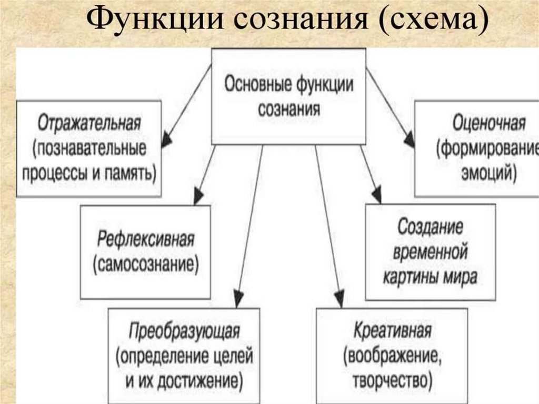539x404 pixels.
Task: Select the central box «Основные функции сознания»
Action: click(288, 96)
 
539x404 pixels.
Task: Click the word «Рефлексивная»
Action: click(146, 240)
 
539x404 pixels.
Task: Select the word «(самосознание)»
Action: click(146, 263)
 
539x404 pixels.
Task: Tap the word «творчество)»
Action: click(393, 379)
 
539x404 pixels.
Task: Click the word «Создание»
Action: click(430, 227)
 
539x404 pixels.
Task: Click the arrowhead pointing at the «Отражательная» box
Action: click(166, 139)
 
